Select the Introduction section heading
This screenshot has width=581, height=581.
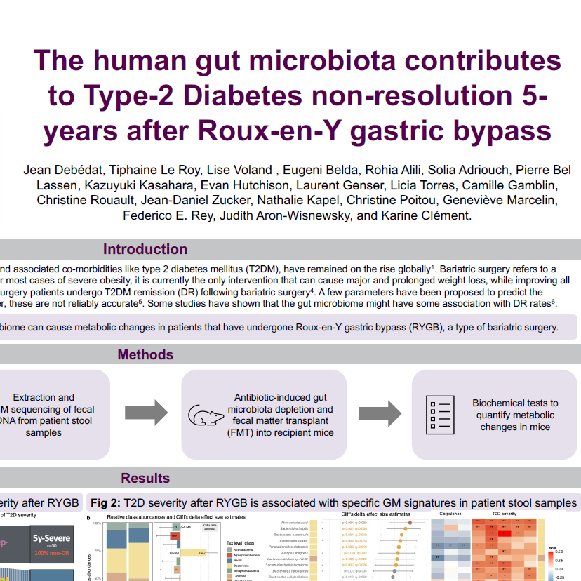pyautogui.click(x=145, y=249)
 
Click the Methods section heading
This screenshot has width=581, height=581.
pyautogui.click(x=145, y=354)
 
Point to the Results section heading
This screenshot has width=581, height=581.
pyautogui.click(x=145, y=478)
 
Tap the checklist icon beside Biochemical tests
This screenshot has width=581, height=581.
pyautogui.click(x=439, y=415)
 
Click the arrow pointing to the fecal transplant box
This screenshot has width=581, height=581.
pyautogui.click(x=145, y=415)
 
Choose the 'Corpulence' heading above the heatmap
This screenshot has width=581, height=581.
pyautogui.click(x=450, y=514)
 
